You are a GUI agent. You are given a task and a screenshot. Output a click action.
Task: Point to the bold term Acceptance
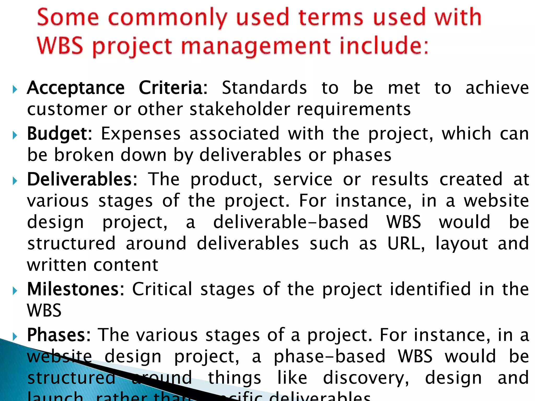point(76,88)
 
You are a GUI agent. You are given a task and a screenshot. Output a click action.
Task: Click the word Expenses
point(141,134)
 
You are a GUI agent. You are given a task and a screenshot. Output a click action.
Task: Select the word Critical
point(162,289)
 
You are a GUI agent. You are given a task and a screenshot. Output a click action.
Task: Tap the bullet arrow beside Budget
point(15,135)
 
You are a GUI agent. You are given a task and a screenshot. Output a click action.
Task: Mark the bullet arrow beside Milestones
point(15,291)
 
